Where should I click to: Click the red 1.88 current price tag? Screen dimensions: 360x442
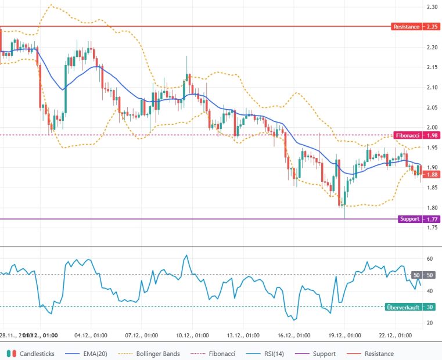432,174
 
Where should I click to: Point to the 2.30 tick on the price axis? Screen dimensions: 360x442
432,7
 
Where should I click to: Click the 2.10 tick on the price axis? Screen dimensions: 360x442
432,87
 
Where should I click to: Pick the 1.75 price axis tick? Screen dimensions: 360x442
432,228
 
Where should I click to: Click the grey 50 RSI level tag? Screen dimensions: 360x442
416,275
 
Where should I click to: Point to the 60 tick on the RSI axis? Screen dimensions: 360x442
430,258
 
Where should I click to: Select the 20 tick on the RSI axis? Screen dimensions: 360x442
430,323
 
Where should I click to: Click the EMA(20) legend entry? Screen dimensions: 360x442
87,354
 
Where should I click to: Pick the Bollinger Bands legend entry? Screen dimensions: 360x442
149,354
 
